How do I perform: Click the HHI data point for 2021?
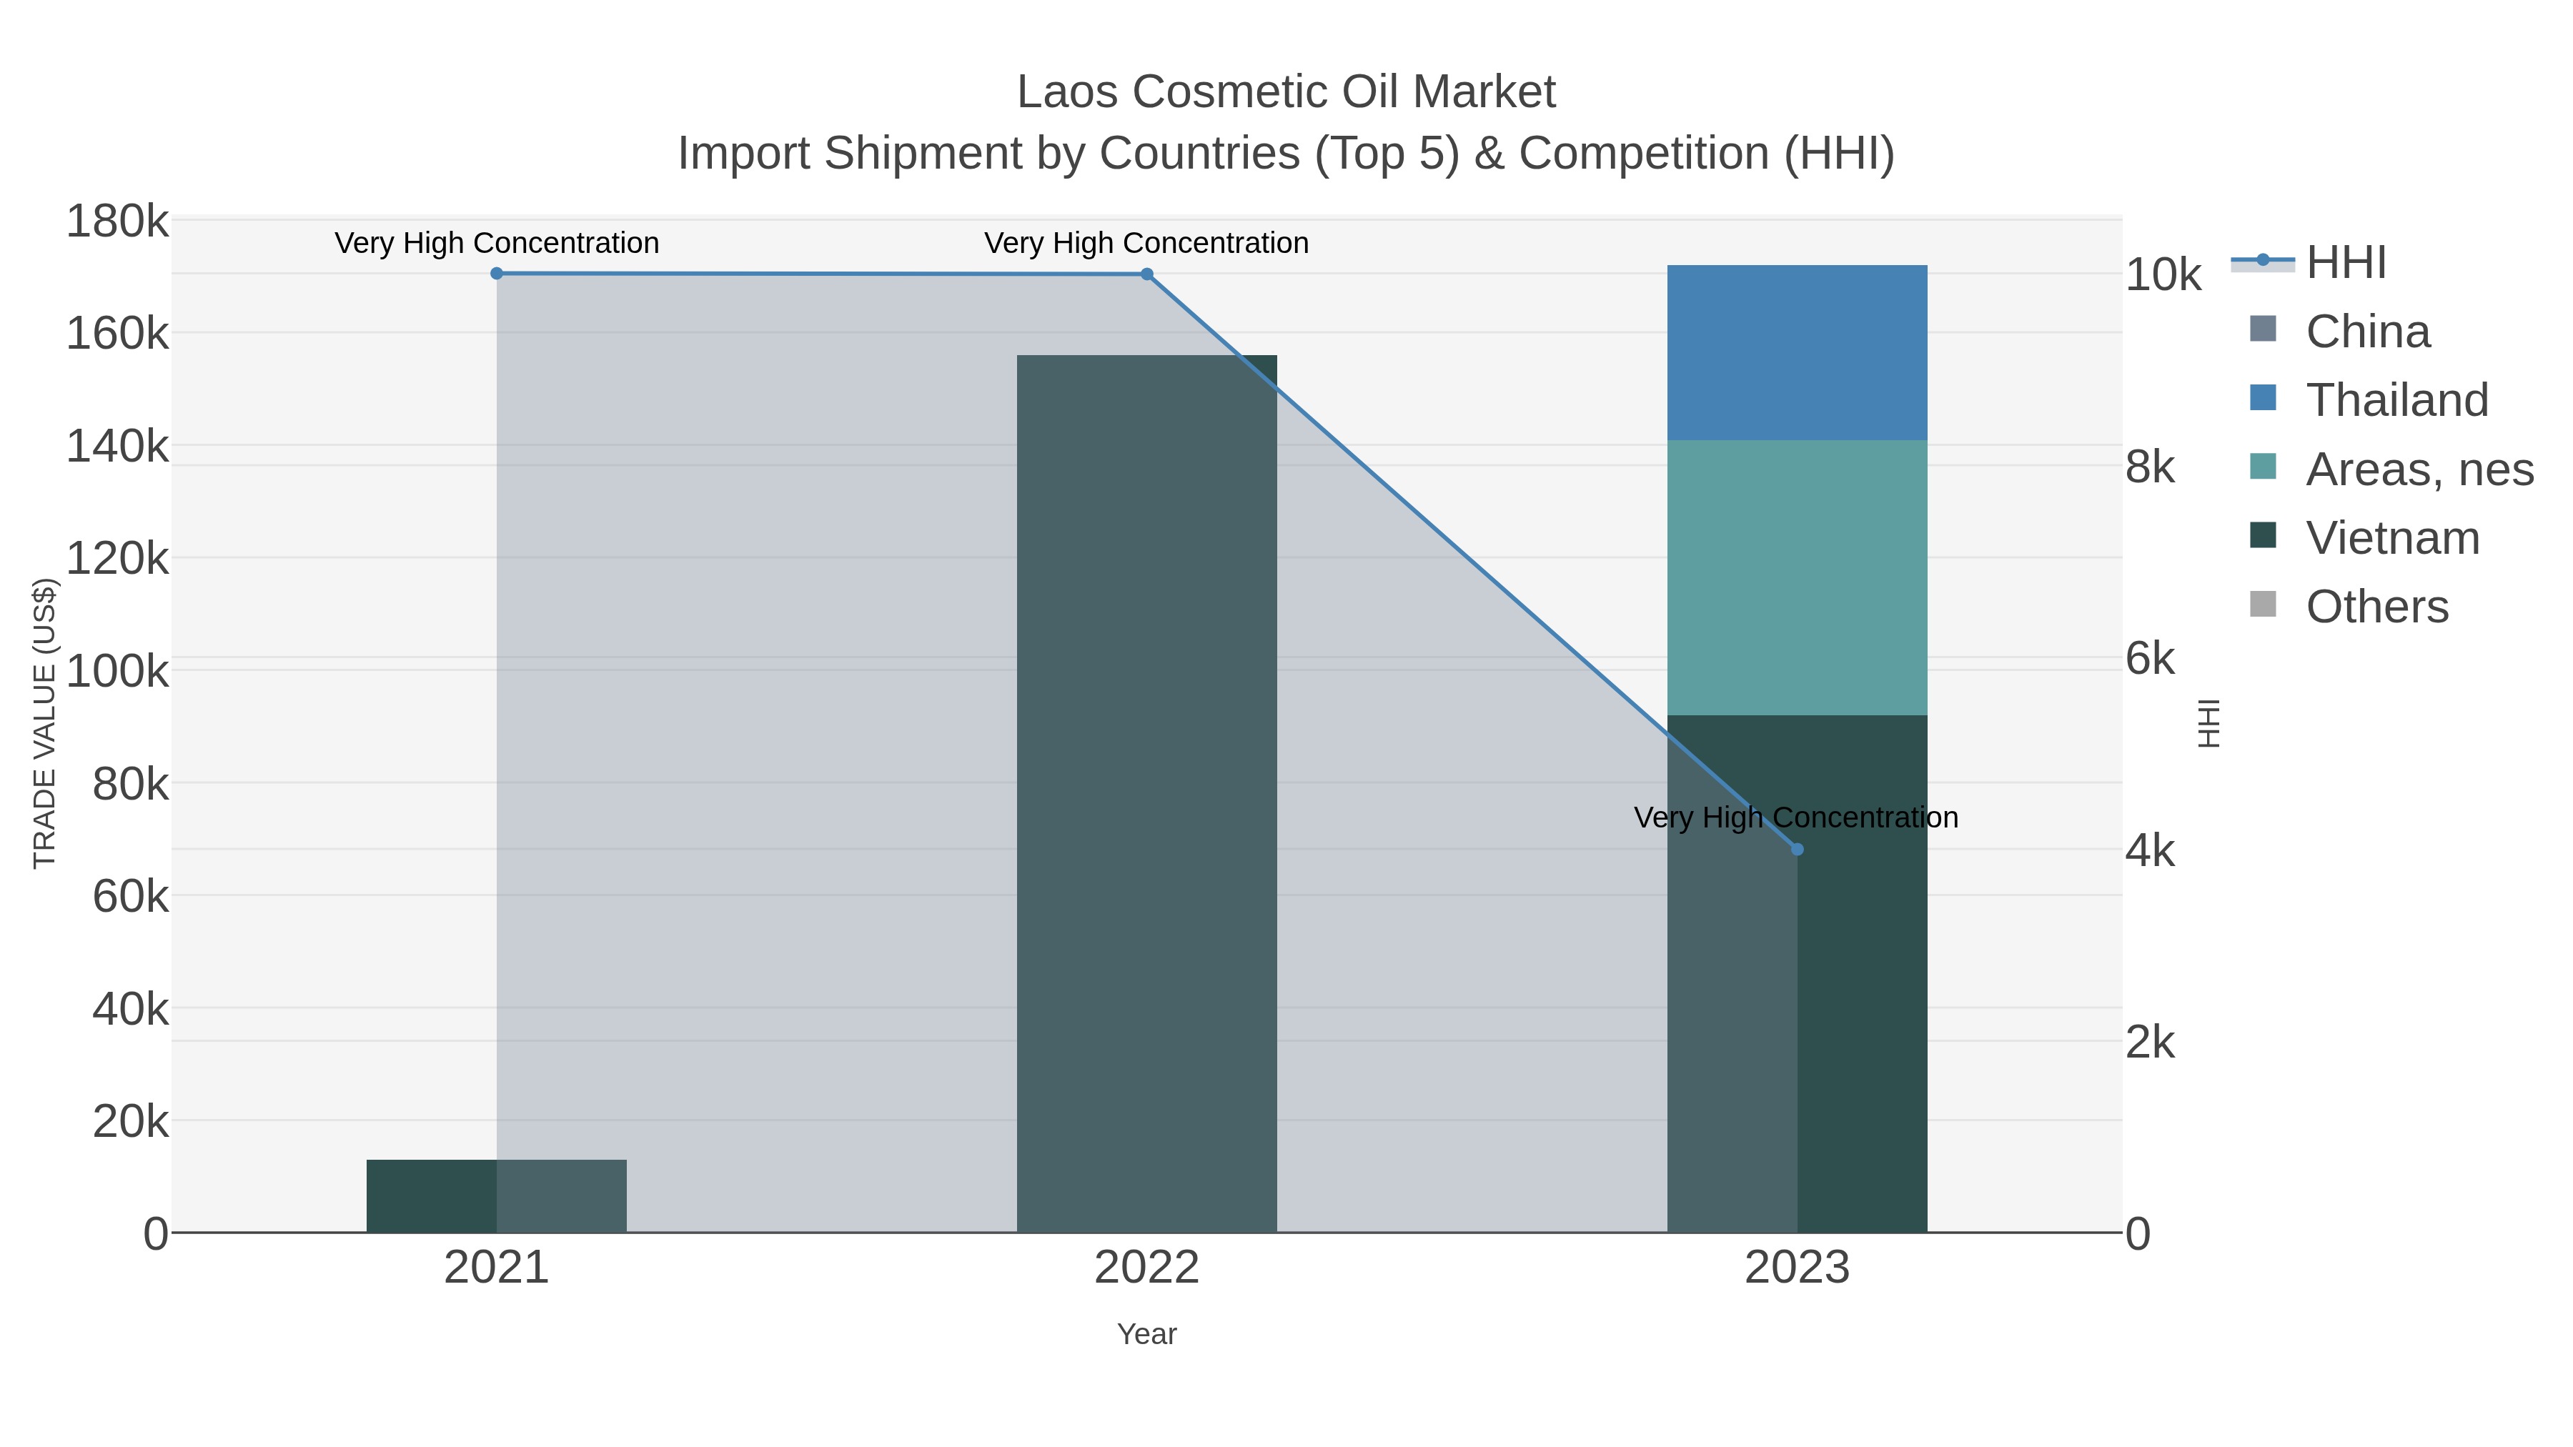click(497, 274)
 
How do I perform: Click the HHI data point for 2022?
click(1146, 274)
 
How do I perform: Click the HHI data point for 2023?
click(1797, 850)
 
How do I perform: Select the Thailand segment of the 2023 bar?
click(1797, 352)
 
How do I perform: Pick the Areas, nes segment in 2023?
click(1797, 577)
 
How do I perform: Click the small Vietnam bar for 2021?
click(432, 1195)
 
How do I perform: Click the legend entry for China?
click(2367, 332)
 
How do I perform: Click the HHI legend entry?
click(2345, 263)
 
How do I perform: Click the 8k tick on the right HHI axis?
click(2149, 467)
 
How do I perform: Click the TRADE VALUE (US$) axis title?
click(45, 723)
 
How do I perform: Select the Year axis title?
click(1146, 1334)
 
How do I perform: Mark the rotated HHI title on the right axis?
click(2208, 723)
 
